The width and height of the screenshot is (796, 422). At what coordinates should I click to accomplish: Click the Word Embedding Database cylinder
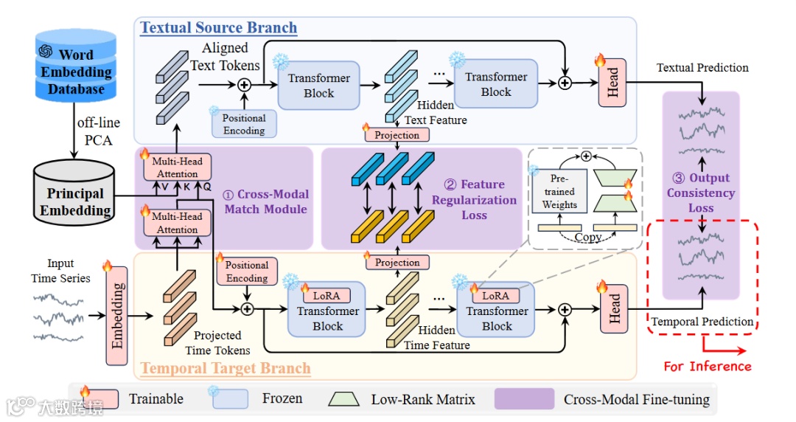pos(76,66)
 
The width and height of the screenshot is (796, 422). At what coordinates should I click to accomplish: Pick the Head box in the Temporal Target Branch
pos(615,308)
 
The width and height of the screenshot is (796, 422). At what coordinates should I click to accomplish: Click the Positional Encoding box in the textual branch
pos(244,124)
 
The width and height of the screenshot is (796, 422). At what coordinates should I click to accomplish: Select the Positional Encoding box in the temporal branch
pos(247,271)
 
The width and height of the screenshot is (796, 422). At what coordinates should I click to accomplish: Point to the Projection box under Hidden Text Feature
pos(397,135)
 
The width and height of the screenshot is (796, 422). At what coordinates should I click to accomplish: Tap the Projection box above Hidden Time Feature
pos(397,263)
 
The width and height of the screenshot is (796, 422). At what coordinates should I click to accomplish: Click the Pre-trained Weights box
pos(559,193)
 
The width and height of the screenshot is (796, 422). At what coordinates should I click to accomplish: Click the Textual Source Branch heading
pos(219,28)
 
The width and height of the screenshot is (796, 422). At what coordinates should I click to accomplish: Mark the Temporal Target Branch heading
pos(226,368)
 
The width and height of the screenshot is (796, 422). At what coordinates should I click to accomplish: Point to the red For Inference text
pos(708,366)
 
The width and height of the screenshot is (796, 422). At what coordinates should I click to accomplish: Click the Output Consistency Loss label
pos(701,193)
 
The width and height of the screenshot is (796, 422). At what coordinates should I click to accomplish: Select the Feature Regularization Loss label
pos(474,199)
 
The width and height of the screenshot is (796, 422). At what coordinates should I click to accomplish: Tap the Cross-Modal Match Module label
pos(267,202)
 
